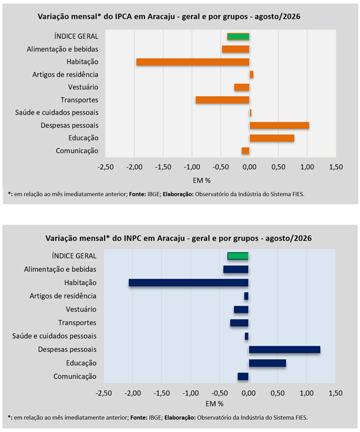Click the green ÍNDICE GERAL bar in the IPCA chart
coord(238,36)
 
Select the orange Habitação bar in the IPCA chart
coord(193,62)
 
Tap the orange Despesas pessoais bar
coord(279,126)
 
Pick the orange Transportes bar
coord(223,100)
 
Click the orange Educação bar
coord(272,138)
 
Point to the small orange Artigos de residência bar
coord(251,75)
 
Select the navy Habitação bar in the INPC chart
coord(189,283)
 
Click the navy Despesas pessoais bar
coord(284,350)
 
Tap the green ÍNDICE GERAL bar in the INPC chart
coord(238,256)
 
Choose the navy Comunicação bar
coord(243,377)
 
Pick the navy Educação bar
coord(267,363)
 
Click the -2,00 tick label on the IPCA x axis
coord(134,167)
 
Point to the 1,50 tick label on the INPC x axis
coord(336,393)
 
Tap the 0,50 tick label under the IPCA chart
coord(278,167)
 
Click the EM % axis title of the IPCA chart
coord(201,181)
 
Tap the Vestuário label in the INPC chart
coord(81,309)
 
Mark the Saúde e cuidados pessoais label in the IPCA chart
coord(57,113)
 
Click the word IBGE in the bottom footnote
coord(155,417)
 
